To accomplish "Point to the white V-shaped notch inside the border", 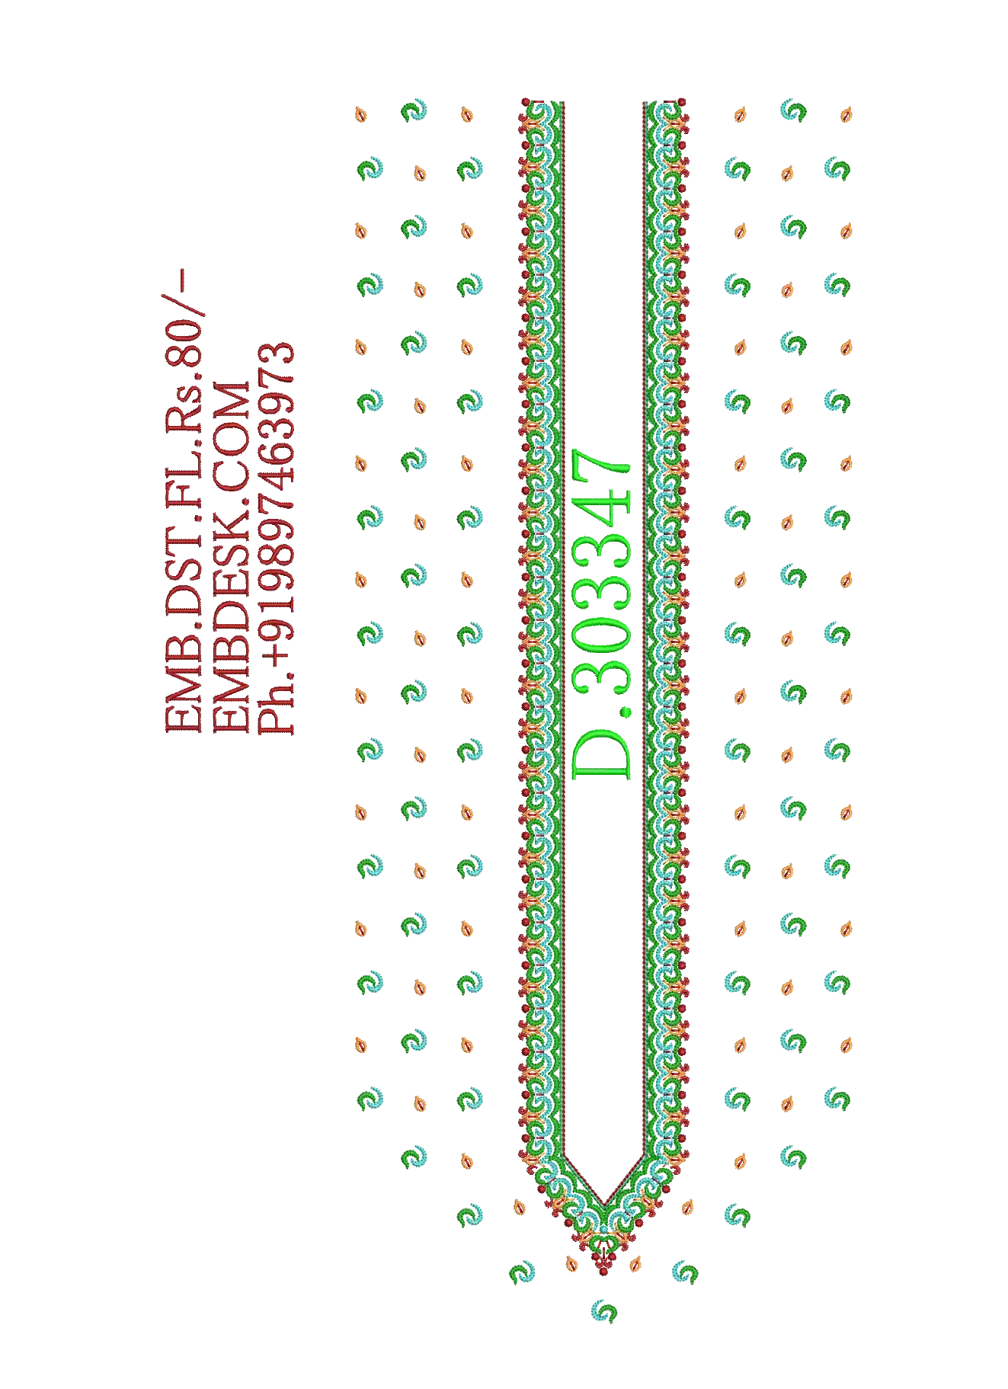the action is [x=603, y=1177].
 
